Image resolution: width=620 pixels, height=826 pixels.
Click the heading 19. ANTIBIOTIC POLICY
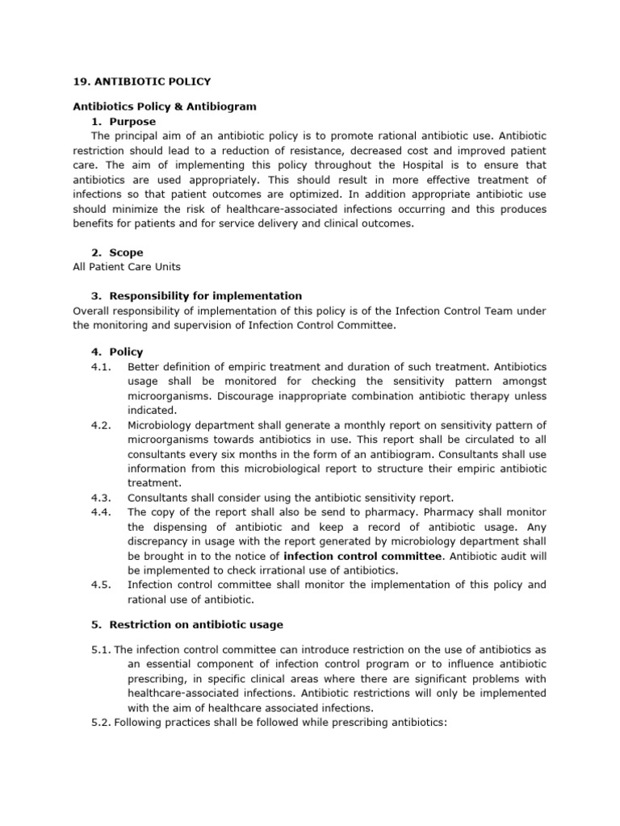[141, 81]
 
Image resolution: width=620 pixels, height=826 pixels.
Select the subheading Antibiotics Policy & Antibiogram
[165, 106]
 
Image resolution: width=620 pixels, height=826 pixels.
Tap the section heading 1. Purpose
[123, 121]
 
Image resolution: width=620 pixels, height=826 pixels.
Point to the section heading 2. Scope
[117, 252]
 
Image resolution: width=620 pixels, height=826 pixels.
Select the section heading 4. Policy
[117, 352]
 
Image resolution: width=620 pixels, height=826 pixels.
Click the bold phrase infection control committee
[362, 556]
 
